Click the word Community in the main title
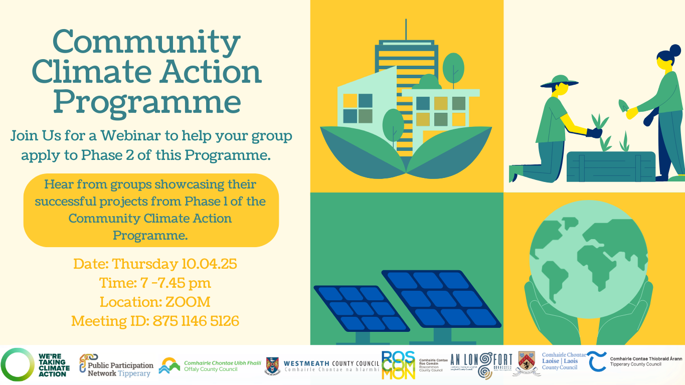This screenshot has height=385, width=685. pos(146,42)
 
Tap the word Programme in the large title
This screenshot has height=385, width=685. pos(147,101)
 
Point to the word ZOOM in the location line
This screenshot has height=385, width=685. pos(188,302)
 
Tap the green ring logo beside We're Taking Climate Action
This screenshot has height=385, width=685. pos(17,364)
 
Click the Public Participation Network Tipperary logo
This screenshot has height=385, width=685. pos(116,365)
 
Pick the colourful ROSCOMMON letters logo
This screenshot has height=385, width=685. pos(398,365)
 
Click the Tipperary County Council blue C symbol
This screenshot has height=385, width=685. pos(597,362)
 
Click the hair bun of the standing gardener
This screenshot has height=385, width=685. pos(675,51)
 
